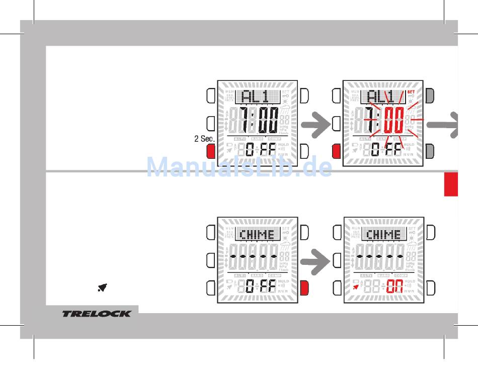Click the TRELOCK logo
tap(96, 314)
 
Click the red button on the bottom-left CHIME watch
tap(304, 288)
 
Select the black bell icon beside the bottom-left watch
tap(102, 288)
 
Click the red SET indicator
tap(411, 92)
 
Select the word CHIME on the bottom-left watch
tap(257, 235)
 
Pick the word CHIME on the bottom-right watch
tap(383, 235)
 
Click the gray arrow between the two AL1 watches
tap(315, 125)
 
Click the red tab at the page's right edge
tap(451, 184)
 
